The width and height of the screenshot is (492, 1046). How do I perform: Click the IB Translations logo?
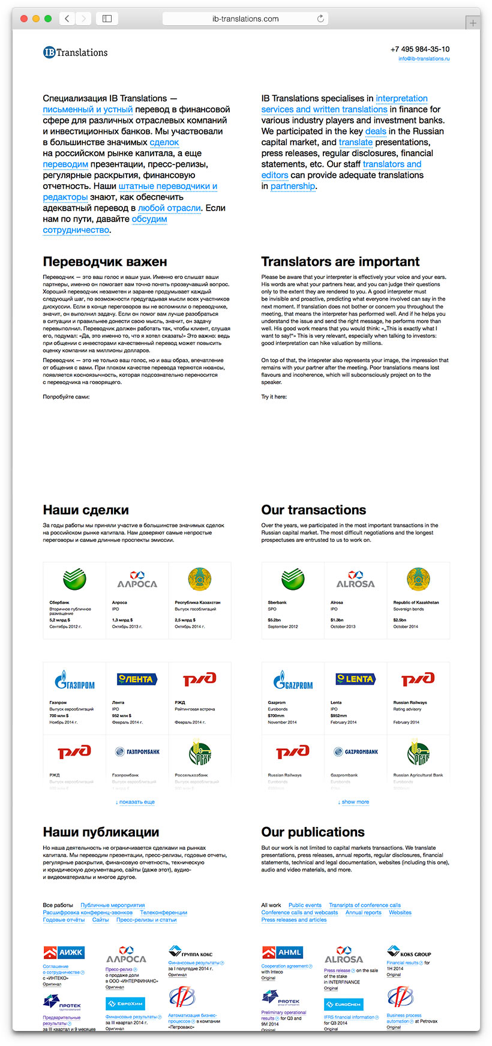click(75, 52)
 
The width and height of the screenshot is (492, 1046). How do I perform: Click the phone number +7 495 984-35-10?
click(419, 49)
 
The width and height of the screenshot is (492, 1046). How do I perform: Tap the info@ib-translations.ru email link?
click(424, 59)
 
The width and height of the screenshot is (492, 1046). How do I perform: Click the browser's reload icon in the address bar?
click(320, 19)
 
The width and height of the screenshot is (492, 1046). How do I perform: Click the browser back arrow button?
click(67, 19)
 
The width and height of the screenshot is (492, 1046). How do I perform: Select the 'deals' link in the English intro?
click(376, 131)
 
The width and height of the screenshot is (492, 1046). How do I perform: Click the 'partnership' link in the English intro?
click(292, 186)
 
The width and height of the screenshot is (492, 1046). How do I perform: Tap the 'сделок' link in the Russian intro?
click(164, 142)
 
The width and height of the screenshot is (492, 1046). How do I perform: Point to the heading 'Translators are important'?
click(340, 262)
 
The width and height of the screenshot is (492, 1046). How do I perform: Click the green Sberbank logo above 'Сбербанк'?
click(74, 579)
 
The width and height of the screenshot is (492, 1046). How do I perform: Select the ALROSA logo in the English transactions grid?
click(355, 580)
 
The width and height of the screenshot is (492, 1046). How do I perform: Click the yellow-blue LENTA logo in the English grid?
click(355, 679)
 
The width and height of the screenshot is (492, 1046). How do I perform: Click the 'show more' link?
click(355, 802)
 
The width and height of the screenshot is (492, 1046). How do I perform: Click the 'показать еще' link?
click(136, 802)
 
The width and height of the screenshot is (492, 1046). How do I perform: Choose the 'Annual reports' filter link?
click(363, 913)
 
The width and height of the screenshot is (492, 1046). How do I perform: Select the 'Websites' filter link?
click(400, 913)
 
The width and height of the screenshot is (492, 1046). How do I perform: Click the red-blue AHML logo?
click(282, 952)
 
